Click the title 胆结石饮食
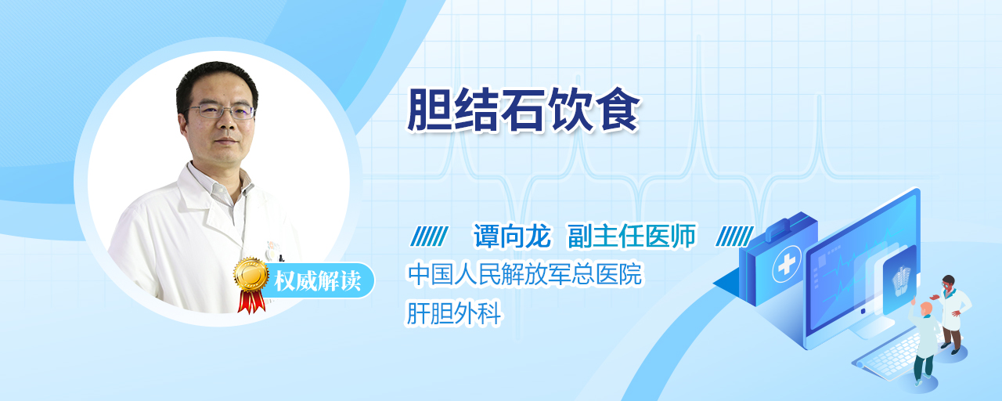524,110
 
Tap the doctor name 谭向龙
512,236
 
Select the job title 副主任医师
632,236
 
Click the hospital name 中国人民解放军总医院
524,274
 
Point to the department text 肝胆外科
453,312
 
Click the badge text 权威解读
317,281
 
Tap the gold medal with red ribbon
251,284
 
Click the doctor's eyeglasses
221,111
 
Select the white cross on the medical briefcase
787,265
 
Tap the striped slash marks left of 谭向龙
429,237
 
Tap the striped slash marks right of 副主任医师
734,237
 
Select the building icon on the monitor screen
901,280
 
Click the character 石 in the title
523,110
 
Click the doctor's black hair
217,83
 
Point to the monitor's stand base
870,330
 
